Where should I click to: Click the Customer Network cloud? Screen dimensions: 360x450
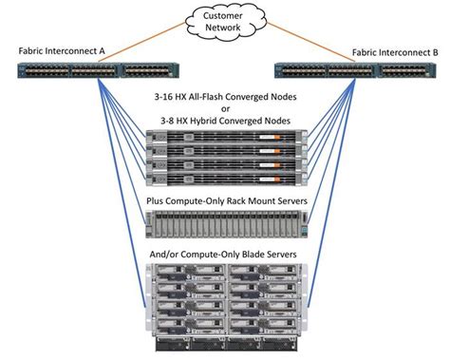(225, 23)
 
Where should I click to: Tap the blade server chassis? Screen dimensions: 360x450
(225, 304)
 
